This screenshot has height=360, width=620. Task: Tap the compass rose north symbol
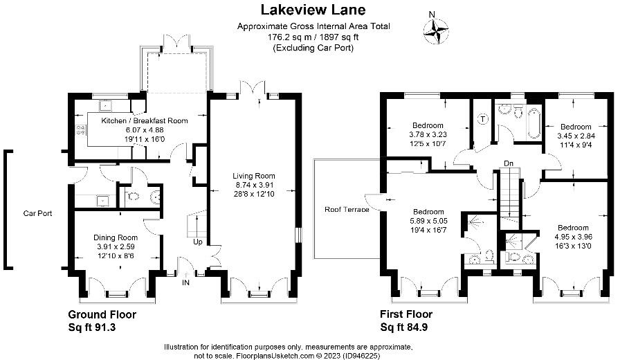(435, 28)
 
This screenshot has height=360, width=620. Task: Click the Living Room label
(254, 176)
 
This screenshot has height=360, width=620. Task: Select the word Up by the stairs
(197, 242)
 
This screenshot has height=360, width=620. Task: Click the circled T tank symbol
(482, 118)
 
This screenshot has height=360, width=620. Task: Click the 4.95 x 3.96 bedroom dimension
(573, 237)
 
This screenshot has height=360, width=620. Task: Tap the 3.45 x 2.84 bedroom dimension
(576, 136)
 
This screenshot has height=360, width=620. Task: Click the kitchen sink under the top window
(107, 106)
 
